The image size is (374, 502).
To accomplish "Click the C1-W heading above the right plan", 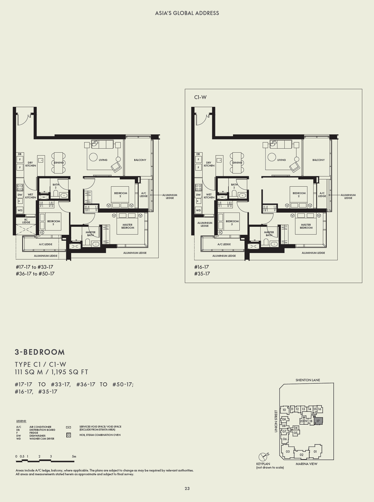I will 200,97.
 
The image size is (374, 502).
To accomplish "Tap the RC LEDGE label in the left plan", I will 26,221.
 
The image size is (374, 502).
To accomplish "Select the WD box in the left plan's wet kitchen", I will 20,210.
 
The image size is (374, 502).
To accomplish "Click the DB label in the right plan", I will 198,154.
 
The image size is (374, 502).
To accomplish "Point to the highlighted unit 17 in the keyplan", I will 318,421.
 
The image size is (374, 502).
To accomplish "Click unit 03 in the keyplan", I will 288,451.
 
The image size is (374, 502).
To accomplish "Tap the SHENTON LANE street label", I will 308,380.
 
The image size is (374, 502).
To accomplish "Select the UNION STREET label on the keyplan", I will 276,421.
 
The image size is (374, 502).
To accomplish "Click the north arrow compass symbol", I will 263,457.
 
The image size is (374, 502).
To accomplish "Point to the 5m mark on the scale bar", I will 74,456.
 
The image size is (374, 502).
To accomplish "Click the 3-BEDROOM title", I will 40,352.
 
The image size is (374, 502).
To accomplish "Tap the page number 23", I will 187,489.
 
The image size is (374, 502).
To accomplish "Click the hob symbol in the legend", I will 68,435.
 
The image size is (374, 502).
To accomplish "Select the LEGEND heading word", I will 21,421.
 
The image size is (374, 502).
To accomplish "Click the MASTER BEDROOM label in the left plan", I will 128,226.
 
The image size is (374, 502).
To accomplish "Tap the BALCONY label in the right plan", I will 318,160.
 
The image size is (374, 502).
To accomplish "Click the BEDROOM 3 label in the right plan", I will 232,223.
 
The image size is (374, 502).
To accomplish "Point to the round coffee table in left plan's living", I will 93,157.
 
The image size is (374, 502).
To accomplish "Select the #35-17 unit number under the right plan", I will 202,274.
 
